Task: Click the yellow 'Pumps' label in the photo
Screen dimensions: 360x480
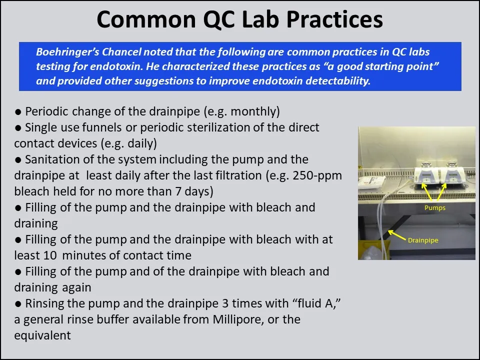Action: (x=434, y=207)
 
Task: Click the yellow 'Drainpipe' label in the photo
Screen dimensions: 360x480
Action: (x=422, y=240)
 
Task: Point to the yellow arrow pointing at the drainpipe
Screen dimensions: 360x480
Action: (x=397, y=234)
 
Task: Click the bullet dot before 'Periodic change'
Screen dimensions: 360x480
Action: (x=18, y=111)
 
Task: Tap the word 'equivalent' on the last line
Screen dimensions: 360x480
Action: (x=42, y=335)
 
